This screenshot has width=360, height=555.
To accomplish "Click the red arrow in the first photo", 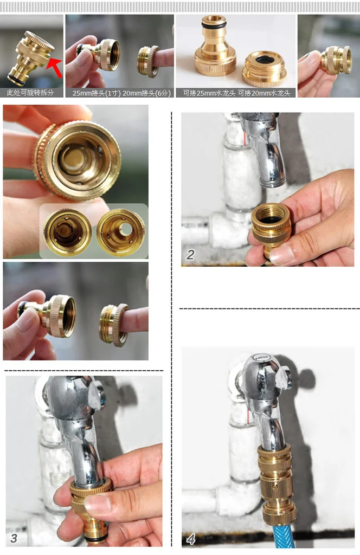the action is coord(54,67).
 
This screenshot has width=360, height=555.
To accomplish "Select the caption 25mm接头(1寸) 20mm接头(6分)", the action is coord(121,93).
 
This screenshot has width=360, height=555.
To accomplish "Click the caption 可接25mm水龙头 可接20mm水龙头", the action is coord(236,93).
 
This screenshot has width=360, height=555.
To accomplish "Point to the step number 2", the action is coord(190,255).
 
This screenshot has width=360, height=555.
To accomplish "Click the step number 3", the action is coord(14,538).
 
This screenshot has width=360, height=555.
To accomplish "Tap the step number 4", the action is coord(190,539).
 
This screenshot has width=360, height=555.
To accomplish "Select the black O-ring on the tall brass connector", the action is coord(214,26).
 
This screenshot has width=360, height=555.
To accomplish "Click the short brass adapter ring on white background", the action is coord(264,69).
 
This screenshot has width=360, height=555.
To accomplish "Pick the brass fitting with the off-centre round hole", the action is coord(121,232).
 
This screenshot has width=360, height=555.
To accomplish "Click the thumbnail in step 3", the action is coord(100,505).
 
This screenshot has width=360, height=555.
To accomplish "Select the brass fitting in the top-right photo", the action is coord(336,60).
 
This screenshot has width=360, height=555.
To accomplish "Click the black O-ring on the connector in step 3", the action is coord(95,538).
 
